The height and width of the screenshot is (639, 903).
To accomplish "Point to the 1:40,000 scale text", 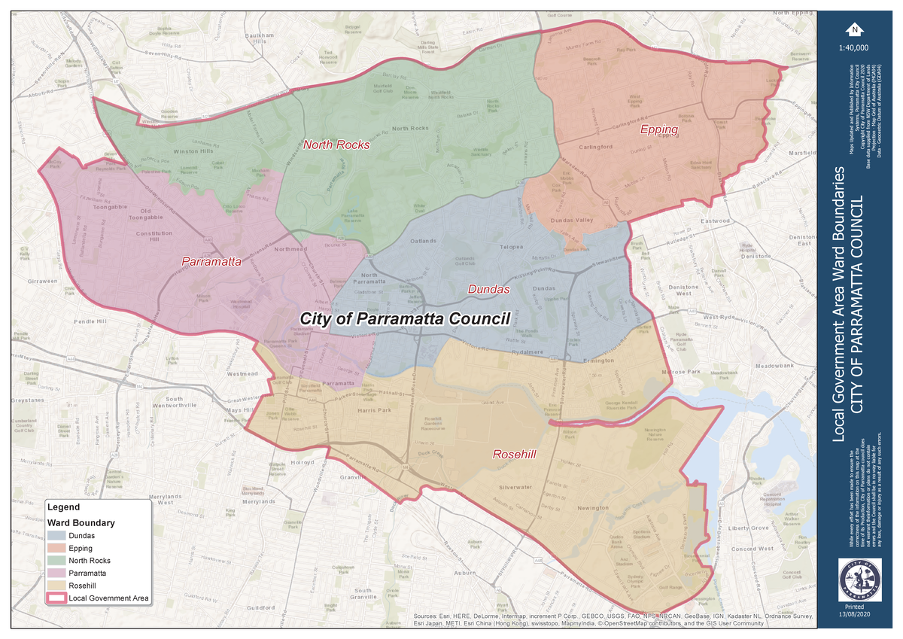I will (x=853, y=47).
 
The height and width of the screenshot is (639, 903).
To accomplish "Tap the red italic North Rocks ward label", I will (x=336, y=145).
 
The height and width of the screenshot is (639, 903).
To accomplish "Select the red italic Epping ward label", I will (x=659, y=130).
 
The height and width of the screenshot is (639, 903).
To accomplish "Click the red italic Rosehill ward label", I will (x=515, y=455).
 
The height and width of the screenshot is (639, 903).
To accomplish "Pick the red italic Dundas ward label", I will (x=489, y=289).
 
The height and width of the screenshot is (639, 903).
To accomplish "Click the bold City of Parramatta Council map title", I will (x=405, y=318).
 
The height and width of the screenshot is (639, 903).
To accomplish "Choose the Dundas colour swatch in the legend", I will (x=56, y=535).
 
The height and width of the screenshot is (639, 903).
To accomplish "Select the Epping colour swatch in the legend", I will (x=56, y=548).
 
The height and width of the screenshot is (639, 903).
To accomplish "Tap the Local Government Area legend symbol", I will (x=56, y=598).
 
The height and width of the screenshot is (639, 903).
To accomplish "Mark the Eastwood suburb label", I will (x=715, y=221).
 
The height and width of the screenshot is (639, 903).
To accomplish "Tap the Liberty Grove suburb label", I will (x=748, y=528).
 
